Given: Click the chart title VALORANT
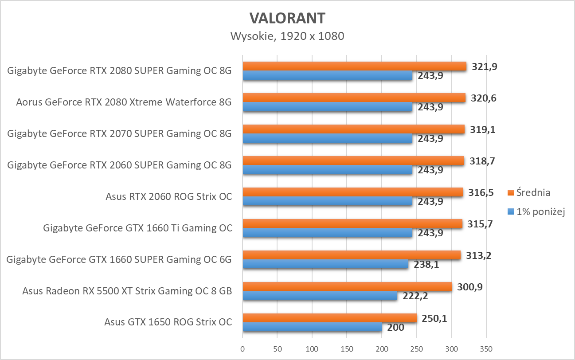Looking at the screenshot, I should [287, 18].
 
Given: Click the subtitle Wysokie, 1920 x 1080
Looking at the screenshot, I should [287, 36].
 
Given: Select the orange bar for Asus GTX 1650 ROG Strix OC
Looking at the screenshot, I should [329, 318].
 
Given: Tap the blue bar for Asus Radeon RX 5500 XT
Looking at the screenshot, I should [320, 296].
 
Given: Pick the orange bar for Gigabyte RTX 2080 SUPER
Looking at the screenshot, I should [354, 66].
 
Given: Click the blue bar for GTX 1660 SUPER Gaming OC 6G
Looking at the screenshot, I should [325, 264].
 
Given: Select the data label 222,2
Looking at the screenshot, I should [415, 296].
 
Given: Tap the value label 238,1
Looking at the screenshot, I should [426, 265].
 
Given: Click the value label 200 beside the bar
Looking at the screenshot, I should [395, 328].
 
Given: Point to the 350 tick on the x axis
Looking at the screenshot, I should [486, 349].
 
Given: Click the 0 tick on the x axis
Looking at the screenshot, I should [243, 349].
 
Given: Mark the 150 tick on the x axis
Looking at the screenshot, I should [347, 349].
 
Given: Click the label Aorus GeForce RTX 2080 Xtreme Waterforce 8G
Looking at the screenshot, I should [124, 102].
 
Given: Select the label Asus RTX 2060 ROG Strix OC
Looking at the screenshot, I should [168, 196].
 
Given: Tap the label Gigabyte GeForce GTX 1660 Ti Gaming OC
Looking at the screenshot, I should [137, 228].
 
